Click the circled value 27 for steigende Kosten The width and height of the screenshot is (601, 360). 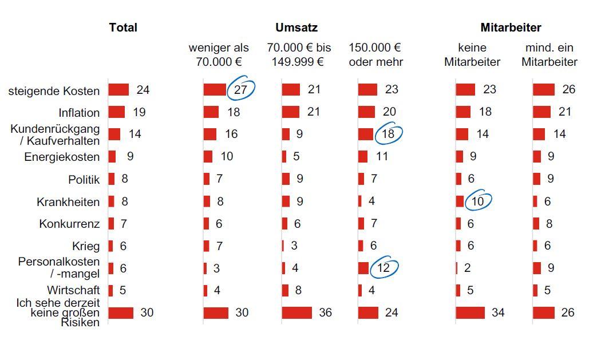pos(240,89)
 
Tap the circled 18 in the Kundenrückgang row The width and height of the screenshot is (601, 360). pos(388,133)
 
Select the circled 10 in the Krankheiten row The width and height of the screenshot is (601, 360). pos(477,201)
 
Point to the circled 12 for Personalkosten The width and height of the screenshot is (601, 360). pos(383,267)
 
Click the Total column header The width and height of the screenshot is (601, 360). pos(123,27)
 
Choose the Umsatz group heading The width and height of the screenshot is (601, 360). pos(296,27)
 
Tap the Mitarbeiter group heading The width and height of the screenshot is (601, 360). pos(511,27)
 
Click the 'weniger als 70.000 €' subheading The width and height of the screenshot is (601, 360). pos(219,55)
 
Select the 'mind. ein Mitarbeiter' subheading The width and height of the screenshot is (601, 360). pos(549,55)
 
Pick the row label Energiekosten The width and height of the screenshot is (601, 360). pos(62,157)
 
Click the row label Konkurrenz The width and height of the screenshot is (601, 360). pos(69,224)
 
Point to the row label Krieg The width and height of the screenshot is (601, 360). pos(86,246)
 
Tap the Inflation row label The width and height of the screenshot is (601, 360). pos(79,112)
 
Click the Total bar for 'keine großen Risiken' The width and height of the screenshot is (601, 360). pos(121,312)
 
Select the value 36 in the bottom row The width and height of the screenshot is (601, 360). pos(325,312)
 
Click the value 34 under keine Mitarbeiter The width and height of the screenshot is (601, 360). pos(498,312)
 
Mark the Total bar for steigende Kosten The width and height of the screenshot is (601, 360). pos(118,89)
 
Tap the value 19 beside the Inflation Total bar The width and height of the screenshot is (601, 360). pos(139,112)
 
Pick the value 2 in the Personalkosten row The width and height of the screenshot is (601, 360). pos(467,268)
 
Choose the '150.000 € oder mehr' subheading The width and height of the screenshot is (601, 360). pos(375,55)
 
